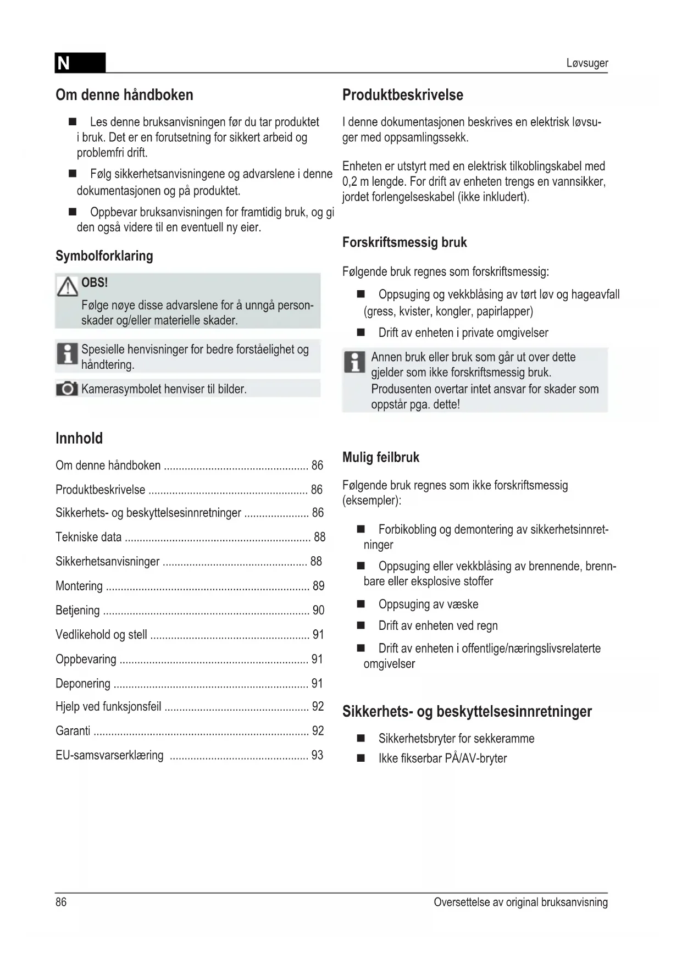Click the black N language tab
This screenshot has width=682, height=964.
80,63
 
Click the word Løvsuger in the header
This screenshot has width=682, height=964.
587,63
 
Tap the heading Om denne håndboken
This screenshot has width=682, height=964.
124,95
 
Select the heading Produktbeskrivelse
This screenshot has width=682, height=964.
402,95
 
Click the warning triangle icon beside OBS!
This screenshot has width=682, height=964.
67,286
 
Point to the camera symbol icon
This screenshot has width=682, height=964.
67,389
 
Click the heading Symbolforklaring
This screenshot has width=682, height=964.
104,256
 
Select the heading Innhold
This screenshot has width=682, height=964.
79,439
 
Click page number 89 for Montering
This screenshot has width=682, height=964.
318,586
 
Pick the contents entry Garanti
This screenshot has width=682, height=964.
73,731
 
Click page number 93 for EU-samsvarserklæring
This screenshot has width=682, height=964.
317,755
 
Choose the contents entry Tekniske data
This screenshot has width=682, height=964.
88,537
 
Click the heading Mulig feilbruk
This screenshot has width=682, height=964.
380,457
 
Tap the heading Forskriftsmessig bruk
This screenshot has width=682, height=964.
404,242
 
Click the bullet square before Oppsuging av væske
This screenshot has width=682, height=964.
361,604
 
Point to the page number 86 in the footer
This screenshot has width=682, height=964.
61,902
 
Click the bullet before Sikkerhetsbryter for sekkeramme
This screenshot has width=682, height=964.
361,738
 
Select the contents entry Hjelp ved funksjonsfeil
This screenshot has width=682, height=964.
108,707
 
